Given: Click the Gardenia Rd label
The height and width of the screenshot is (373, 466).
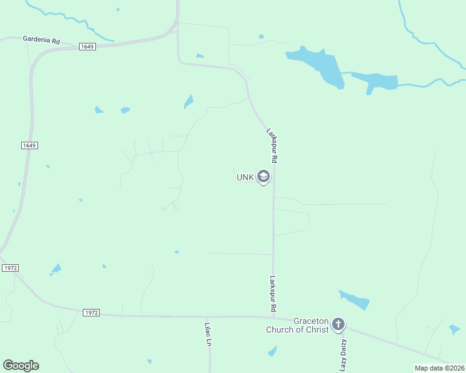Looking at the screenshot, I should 41,39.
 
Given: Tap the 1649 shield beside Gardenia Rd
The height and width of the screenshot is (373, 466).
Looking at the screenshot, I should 87,47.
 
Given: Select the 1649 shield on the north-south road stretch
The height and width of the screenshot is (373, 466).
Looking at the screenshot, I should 29,145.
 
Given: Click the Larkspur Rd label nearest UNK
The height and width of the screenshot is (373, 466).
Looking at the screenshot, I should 272,145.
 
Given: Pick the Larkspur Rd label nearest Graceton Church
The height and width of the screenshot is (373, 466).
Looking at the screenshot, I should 273,294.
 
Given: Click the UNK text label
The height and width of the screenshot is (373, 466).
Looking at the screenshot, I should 245,177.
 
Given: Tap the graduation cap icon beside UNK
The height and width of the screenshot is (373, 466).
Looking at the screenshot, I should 264,177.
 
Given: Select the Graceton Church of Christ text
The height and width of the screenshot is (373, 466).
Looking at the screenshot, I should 297,325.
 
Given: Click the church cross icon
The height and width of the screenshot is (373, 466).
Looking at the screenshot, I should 338,324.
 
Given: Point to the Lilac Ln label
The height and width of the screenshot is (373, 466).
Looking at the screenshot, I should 209,334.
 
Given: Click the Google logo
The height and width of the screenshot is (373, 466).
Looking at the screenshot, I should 21,365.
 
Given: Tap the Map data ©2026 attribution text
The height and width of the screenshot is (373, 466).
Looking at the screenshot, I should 439,368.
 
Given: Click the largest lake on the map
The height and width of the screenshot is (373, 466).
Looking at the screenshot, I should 318,64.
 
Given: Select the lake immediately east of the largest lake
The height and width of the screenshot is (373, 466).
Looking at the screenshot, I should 376,81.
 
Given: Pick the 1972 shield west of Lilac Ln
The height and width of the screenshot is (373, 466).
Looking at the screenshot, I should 90,312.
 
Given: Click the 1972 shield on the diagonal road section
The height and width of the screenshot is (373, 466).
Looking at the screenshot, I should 10,267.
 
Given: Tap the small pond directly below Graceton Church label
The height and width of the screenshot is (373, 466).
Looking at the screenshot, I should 272,352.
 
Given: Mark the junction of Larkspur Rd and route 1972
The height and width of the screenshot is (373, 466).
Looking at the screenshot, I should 273,317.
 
